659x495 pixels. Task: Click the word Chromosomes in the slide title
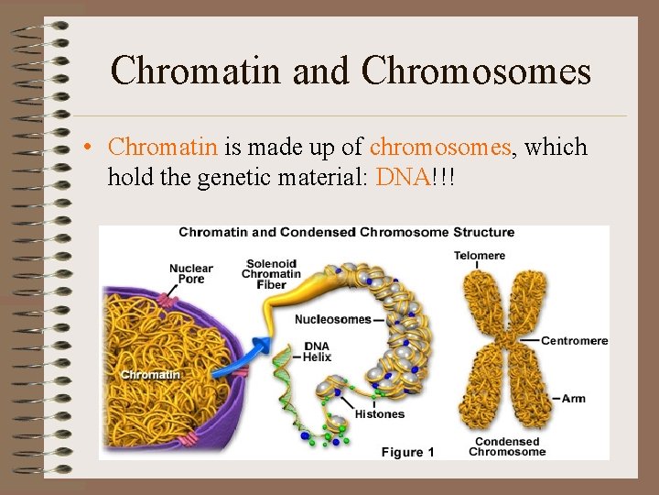pos(476,71)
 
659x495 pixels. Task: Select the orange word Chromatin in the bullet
pos(162,147)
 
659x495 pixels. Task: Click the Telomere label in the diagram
pos(480,255)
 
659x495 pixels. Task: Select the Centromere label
pos(574,341)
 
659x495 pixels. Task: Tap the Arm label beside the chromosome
pos(574,398)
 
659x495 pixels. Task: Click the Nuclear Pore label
pos(190,274)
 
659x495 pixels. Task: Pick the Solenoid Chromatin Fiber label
pos(271,273)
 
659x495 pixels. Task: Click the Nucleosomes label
pos(332,319)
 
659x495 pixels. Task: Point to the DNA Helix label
pos(317,352)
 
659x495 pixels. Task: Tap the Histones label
pos(379,414)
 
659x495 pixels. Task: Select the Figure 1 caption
pos(407,452)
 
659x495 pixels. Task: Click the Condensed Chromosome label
pos(506,446)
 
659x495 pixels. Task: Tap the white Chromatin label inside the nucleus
pos(150,374)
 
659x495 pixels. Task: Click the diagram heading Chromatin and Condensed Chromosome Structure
pos(346,232)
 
